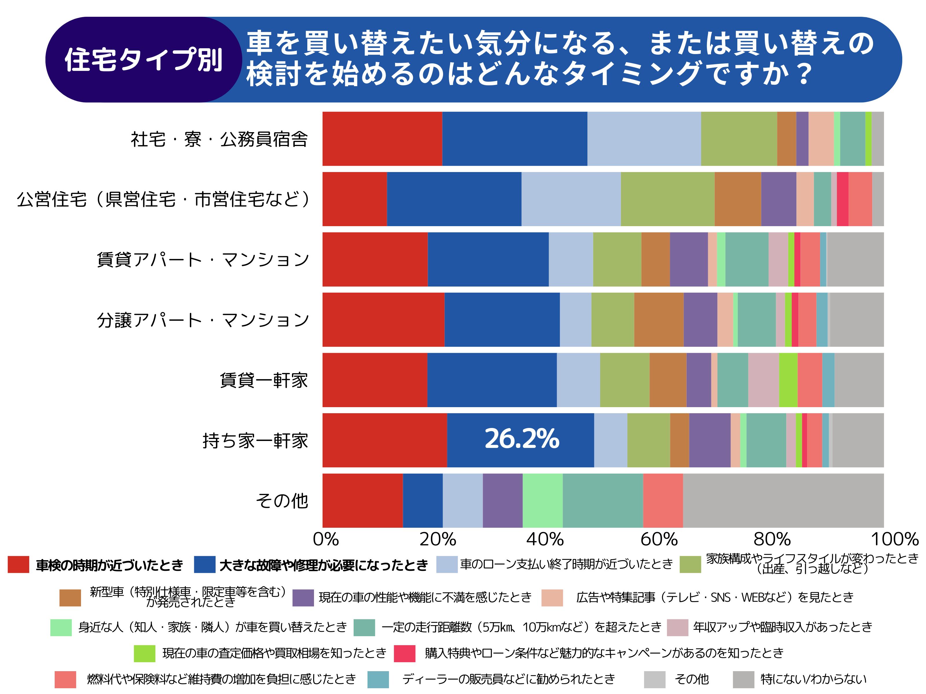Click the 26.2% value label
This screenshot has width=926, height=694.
tap(522, 439)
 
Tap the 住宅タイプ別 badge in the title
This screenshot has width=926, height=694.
tap(143, 60)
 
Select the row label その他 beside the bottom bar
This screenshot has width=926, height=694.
tap(282, 501)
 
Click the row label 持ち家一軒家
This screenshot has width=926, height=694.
tap(255, 440)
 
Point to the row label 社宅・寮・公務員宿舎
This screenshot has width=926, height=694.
tap(219, 139)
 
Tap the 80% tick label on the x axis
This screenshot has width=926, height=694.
tap(772, 539)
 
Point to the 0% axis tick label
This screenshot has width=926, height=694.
tap(326, 539)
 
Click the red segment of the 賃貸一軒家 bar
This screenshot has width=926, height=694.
tap(375, 380)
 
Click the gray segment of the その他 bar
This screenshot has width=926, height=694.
tap(783, 501)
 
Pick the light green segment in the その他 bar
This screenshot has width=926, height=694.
tap(543, 501)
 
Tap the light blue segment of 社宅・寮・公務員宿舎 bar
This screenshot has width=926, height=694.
tap(644, 139)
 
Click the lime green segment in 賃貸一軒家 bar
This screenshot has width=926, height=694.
tap(788, 380)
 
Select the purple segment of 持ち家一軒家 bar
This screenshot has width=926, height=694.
tap(710, 440)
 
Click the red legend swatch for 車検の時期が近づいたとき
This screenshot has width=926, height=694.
tap(19, 564)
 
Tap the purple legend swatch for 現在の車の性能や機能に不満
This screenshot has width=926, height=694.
tap(303, 598)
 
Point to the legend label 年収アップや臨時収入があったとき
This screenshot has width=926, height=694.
tap(782, 627)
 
